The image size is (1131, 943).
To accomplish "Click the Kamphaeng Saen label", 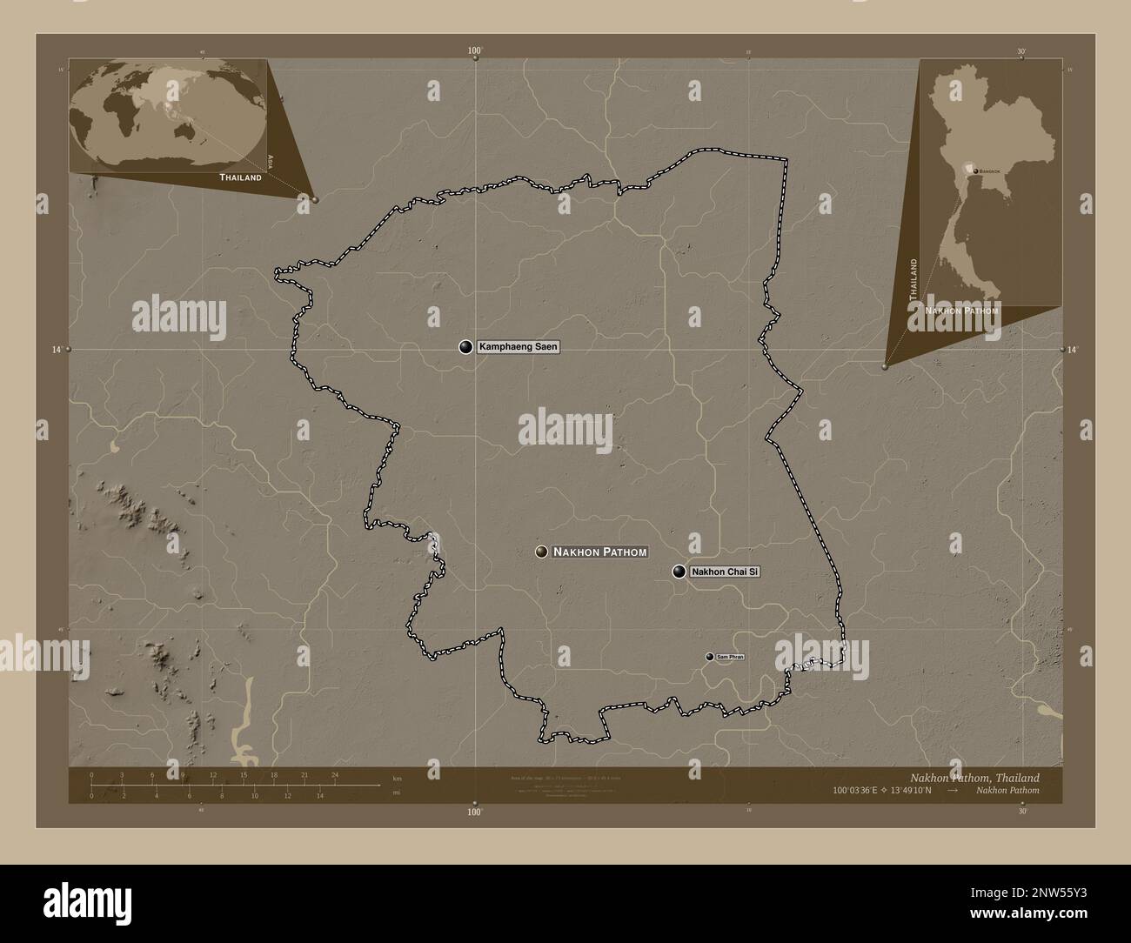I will click(x=519, y=347).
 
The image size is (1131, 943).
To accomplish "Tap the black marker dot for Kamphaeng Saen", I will click(x=466, y=347).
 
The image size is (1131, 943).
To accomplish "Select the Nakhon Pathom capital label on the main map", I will click(x=600, y=552).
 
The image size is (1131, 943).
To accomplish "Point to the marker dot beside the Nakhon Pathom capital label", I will click(x=541, y=552).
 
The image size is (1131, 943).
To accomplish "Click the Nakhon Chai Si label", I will click(x=726, y=572).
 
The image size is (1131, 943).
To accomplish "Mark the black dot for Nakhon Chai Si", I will click(x=679, y=572).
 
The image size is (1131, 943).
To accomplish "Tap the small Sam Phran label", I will click(x=730, y=657).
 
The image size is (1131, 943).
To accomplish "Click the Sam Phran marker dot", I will click(x=710, y=657).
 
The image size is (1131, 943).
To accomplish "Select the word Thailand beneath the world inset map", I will click(x=240, y=177).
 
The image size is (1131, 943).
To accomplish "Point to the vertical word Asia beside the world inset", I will click(x=271, y=160).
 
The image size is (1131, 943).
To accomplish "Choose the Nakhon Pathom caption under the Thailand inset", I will click(x=962, y=310).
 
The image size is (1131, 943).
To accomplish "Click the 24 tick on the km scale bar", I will click(x=334, y=774).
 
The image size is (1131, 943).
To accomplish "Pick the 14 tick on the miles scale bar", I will click(x=320, y=795).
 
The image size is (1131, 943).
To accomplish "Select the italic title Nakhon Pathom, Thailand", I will click(x=974, y=777).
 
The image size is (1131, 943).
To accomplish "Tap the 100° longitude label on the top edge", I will click(x=474, y=51).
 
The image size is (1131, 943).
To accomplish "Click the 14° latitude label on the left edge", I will click(x=57, y=349).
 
